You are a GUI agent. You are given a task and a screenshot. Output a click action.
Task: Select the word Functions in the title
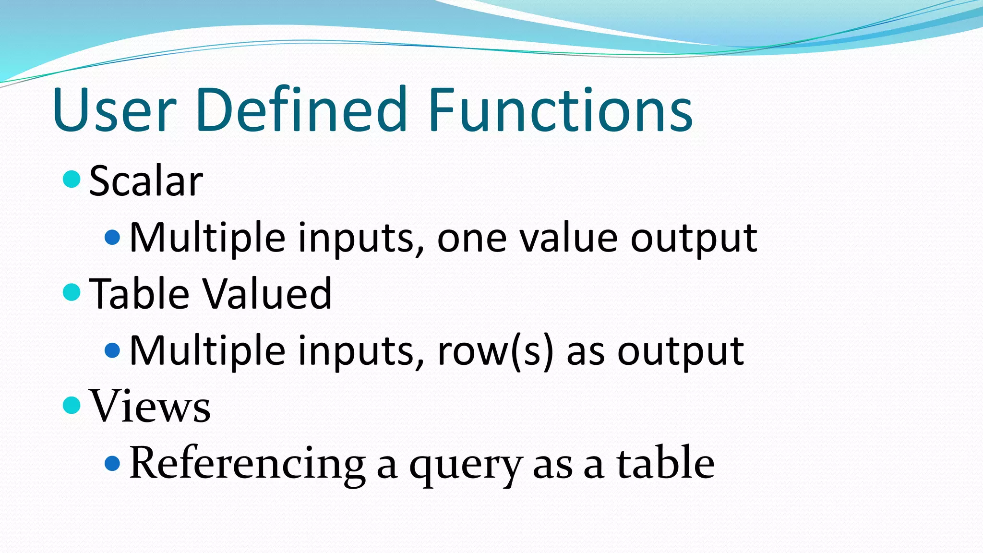[560, 110]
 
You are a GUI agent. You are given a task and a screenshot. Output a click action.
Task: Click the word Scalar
[146, 181]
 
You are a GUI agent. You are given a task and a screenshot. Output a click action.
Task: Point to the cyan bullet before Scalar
[72, 179]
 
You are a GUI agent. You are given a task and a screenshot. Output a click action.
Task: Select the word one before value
[472, 239]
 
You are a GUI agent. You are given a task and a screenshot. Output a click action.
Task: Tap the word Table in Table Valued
[139, 294]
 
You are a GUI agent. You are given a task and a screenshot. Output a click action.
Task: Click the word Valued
[267, 294]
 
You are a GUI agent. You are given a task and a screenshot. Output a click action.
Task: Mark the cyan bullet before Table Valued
[72, 292]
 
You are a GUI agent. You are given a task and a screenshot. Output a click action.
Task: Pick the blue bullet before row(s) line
[112, 350]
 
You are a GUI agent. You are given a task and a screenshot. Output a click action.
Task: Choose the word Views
[150, 407]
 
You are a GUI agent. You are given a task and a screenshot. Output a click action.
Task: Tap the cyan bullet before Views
[72, 405]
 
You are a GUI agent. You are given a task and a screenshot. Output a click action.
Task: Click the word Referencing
[247, 464]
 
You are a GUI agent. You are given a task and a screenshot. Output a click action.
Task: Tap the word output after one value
[693, 239]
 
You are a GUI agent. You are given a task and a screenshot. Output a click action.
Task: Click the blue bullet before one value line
[112, 237]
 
